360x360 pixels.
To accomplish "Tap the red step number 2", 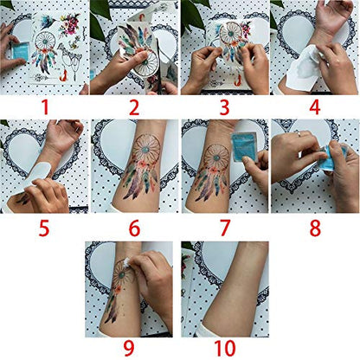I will point(135,106).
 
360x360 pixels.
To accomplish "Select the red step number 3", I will point(225,106).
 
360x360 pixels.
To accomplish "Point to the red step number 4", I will point(315,106).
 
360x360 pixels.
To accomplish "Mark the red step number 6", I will point(135,228).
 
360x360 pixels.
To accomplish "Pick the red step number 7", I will point(225,228).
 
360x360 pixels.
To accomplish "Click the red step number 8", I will point(315,228).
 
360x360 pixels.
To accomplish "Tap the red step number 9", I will point(130,348).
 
